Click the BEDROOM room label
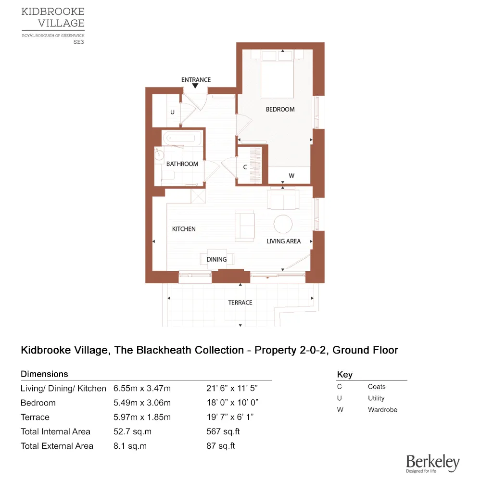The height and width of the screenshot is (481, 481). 280,110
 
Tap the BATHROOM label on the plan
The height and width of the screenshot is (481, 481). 182,164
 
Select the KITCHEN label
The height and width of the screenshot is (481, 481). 184,229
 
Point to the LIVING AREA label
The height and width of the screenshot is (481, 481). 283,241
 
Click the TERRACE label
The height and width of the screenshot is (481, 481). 240,303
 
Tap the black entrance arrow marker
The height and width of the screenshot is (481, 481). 195,86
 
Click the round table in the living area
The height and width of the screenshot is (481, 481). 283,224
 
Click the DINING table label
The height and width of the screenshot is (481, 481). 216,259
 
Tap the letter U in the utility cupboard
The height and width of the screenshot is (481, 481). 172,112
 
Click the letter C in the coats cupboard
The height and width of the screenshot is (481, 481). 245,167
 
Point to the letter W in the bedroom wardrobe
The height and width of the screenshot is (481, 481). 291,176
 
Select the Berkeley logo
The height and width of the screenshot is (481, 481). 432,463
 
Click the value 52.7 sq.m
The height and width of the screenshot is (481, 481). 130,431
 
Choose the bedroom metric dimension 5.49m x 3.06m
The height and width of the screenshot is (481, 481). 142,403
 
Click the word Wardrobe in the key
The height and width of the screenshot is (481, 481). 382,410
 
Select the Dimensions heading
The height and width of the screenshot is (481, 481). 44,374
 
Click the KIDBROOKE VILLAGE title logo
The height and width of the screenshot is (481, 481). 53,17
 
